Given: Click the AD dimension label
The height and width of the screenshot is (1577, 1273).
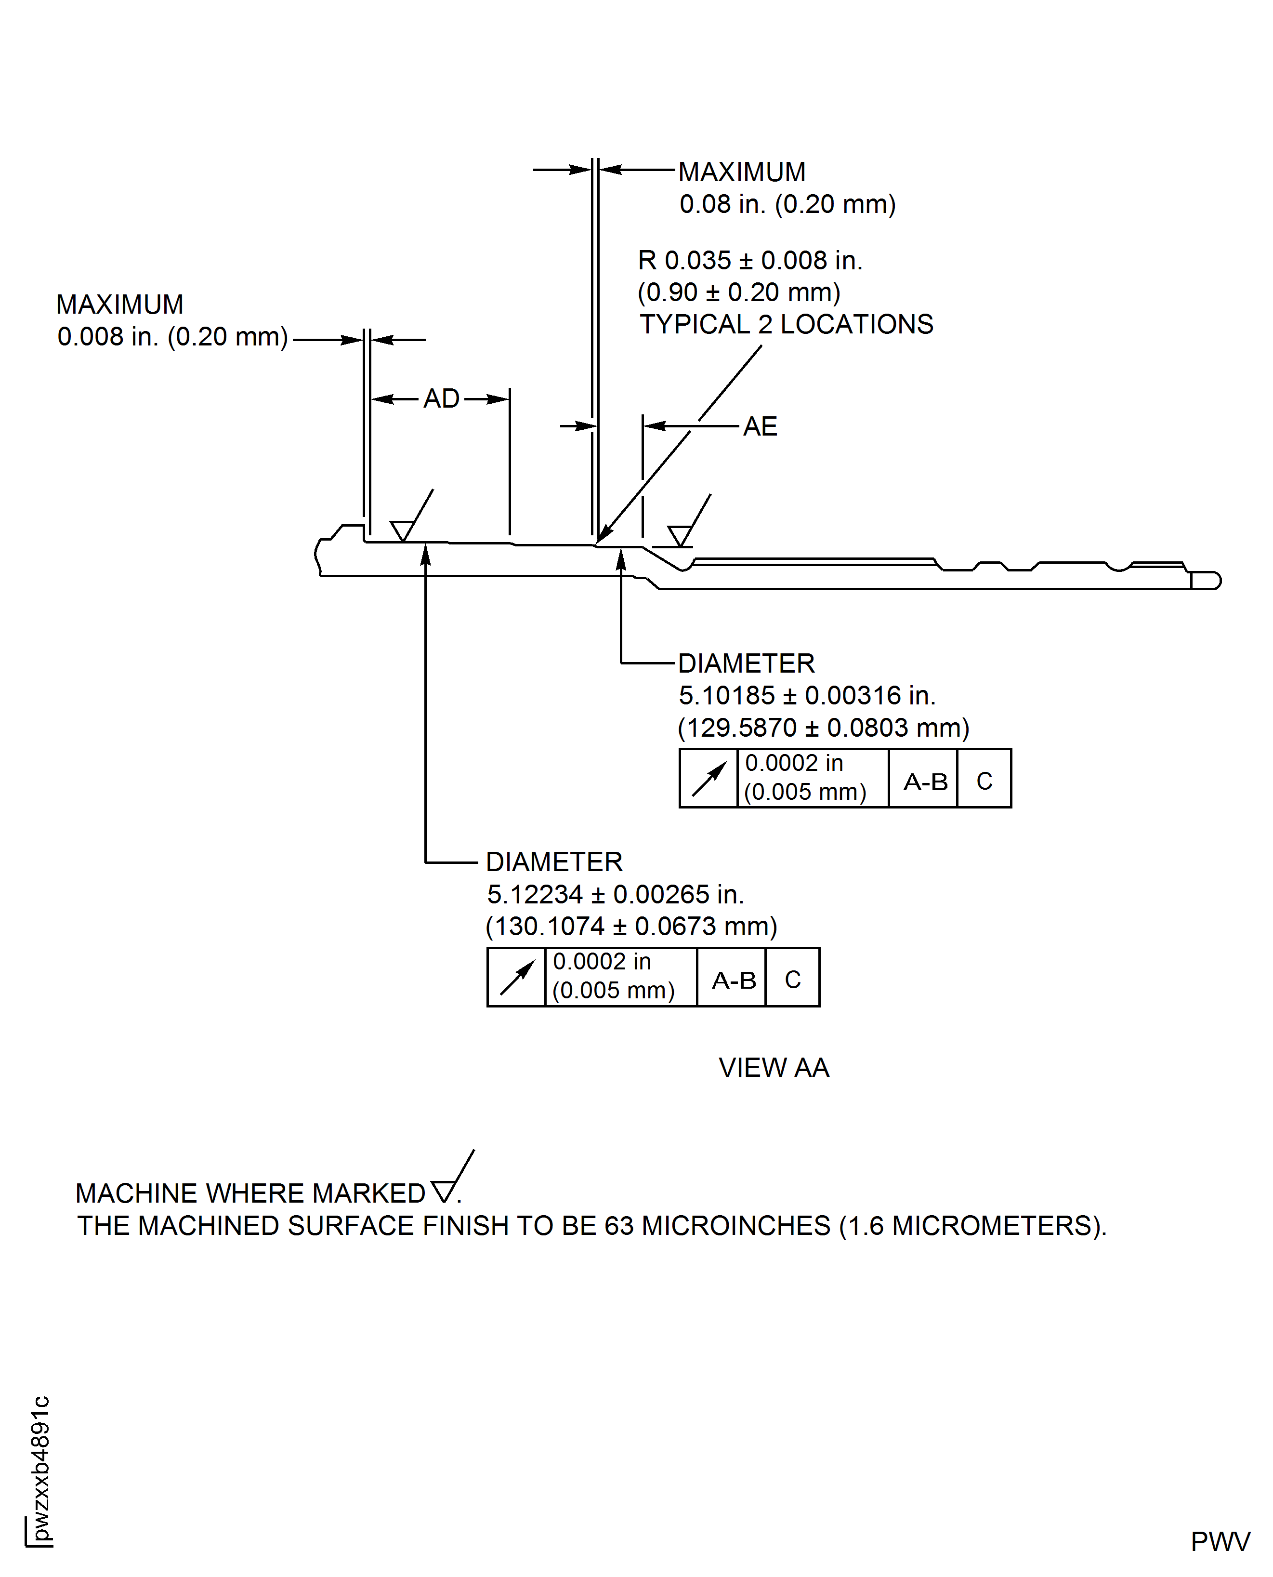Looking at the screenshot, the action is coord(442,399).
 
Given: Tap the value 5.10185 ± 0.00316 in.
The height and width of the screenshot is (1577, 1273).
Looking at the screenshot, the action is coord(807,695).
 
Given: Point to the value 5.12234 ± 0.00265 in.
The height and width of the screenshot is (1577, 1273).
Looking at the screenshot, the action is coord(615,894).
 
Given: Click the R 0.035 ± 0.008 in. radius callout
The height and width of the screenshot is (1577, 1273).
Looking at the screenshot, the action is coord(750,260).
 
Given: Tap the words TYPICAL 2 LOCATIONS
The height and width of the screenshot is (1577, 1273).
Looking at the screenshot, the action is coord(786,324).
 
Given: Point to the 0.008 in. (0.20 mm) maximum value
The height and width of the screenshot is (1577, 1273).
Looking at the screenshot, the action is coord(172,337).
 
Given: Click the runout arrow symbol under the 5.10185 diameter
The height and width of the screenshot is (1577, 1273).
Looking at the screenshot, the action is coord(709,778).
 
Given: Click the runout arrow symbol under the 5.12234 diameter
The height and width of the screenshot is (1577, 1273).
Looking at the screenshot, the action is coord(516,977).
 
